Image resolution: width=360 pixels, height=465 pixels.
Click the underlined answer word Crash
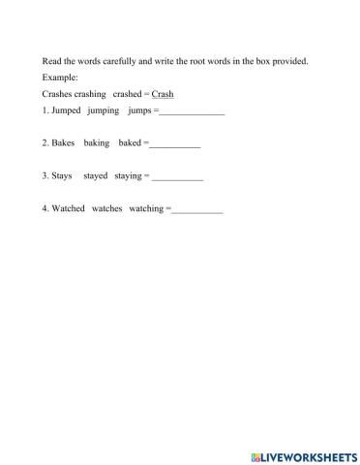tap(169, 94)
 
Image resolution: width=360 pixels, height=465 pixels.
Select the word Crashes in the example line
tap(58, 94)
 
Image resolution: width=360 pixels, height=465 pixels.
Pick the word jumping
tap(104, 112)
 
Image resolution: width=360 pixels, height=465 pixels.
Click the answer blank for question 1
tap(192, 113)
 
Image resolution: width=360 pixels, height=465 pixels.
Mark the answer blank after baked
tap(175, 145)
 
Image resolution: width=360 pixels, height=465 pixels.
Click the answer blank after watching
tap(196, 210)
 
